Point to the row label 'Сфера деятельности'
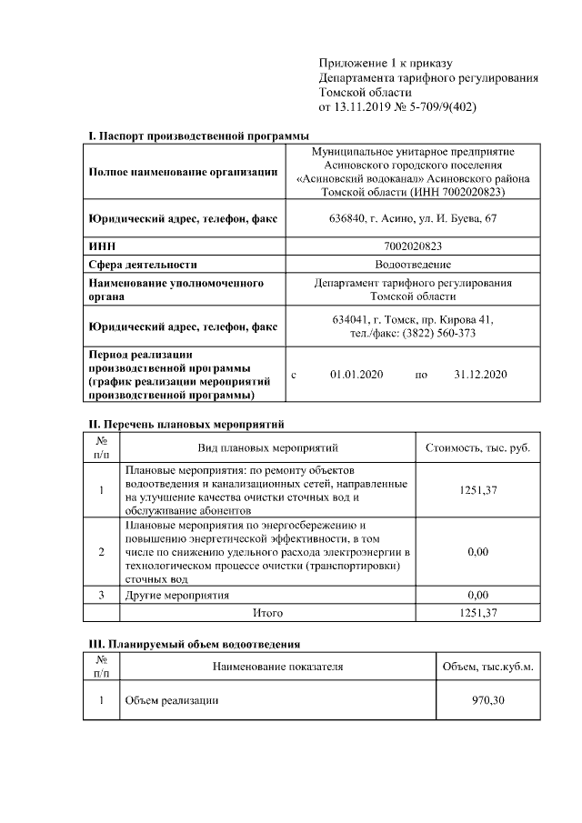[143, 265]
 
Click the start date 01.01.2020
[356, 374]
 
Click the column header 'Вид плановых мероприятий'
[268, 447]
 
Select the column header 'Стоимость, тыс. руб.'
[477, 447]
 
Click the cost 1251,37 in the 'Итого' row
[477, 613]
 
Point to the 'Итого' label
[268, 613]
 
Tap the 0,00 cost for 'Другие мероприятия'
[477, 595]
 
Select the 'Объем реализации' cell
[172, 700]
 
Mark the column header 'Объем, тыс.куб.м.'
[487, 667]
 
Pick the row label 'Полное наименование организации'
[183, 172]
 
